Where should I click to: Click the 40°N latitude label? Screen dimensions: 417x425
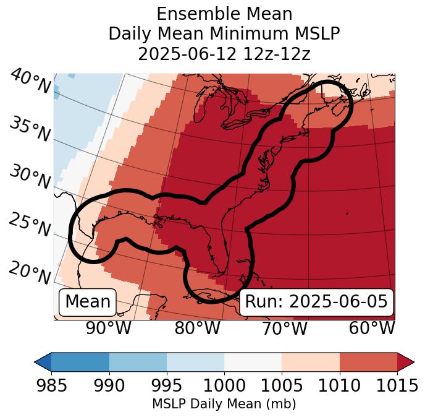30,82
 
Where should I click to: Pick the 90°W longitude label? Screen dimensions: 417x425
108,329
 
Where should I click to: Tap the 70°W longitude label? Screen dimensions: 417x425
285,329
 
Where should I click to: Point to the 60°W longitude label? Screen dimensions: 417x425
372,329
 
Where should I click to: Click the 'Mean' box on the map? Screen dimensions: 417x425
88,302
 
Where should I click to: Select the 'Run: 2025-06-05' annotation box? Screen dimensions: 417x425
316,302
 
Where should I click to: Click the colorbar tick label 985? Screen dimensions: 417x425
51,385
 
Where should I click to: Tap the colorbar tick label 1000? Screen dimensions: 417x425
224,385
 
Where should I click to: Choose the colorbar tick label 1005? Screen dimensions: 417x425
282,385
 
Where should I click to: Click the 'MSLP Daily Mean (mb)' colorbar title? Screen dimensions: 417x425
224,404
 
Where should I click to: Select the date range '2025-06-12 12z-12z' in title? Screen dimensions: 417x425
224,54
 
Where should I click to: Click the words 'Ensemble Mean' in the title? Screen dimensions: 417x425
224,14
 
